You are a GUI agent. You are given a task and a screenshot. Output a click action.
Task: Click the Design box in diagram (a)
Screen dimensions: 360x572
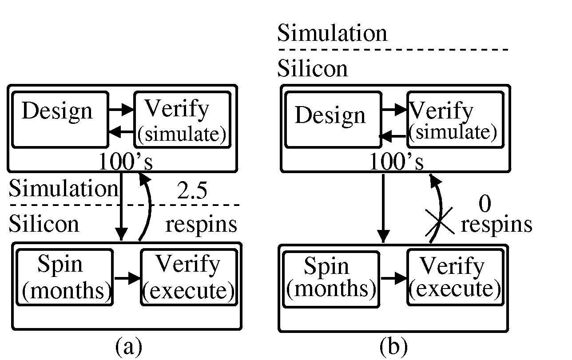tap(60, 119)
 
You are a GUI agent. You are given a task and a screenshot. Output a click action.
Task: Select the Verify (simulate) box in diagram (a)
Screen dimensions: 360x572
tap(182, 119)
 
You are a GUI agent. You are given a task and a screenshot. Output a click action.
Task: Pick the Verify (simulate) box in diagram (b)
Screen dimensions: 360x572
tap(455, 119)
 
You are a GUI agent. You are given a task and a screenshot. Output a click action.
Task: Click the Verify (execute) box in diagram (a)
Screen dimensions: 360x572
tap(188, 277)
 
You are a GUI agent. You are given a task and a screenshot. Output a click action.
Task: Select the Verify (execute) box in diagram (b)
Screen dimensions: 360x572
tap(455, 279)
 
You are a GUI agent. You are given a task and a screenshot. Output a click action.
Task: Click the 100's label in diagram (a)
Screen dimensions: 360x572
tap(125, 163)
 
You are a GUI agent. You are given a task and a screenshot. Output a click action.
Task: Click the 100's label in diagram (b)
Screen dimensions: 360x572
tap(397, 163)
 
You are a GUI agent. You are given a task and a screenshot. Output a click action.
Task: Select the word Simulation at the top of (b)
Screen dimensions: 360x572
tap(332, 34)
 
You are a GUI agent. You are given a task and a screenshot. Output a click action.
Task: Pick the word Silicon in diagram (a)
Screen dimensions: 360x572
tap(44, 224)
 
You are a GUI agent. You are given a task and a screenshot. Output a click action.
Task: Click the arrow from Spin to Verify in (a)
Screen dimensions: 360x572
tap(127, 278)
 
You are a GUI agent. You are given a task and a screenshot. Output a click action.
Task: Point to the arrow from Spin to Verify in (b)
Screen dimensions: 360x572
tap(393, 278)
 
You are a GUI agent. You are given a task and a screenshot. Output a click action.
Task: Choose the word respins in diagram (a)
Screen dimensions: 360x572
tap(201, 225)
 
